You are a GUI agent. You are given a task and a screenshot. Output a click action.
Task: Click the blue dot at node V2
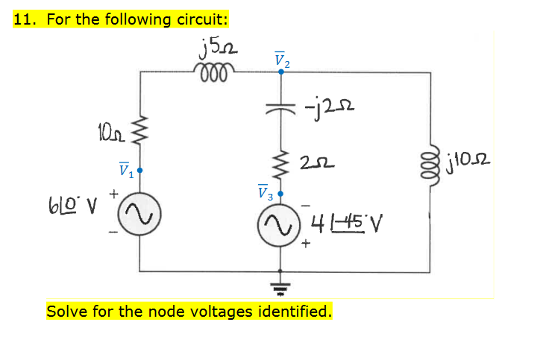281,72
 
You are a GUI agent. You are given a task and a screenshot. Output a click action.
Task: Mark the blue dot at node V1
139,171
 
